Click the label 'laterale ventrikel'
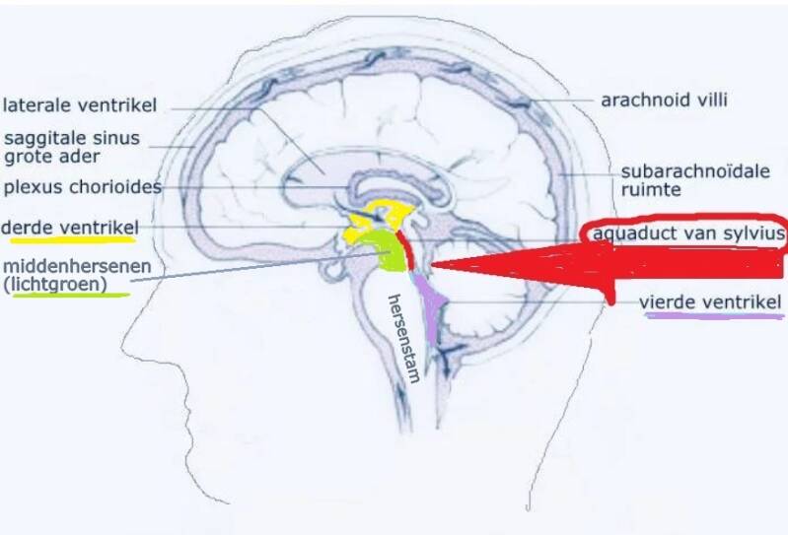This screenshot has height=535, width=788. (x=80, y=104)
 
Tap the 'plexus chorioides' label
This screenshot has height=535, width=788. (x=81, y=186)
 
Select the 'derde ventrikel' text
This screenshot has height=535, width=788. (x=68, y=229)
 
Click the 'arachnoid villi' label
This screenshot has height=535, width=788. (x=664, y=100)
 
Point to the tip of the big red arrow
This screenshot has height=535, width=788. (x=431, y=264)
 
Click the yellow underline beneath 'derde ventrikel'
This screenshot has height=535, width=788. (x=68, y=240)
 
